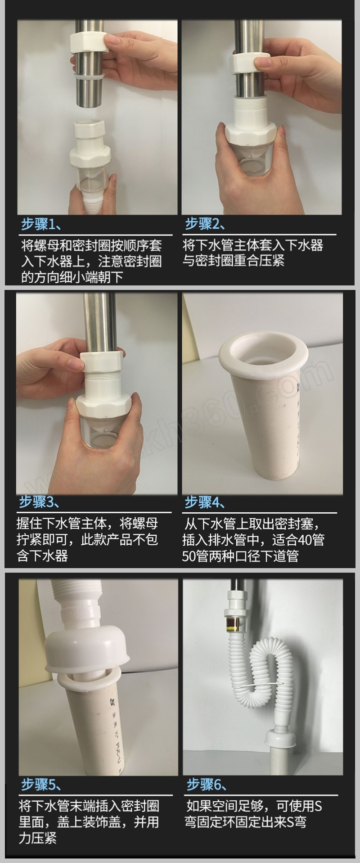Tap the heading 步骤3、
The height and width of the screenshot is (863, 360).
click(39, 502)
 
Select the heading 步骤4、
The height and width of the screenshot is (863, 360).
click(205, 502)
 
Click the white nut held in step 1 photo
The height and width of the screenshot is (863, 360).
click(89, 41)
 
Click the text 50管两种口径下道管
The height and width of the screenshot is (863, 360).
click(240, 556)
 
